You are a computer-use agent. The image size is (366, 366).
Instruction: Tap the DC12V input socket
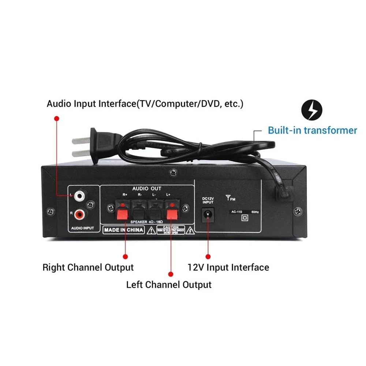point(208,214)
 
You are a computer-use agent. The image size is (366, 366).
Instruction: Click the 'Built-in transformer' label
point(312,130)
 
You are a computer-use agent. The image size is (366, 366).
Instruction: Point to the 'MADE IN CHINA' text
point(124,230)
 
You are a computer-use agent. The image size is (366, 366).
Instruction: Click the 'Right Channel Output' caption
point(88,267)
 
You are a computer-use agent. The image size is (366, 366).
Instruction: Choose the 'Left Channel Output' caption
point(169,284)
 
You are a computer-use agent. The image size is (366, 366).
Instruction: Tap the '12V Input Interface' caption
point(228,268)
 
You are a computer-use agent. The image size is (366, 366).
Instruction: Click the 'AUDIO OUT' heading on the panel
point(146,188)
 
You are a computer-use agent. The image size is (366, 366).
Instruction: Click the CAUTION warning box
point(170,230)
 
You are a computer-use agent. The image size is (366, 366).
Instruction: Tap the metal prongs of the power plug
point(80,146)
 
